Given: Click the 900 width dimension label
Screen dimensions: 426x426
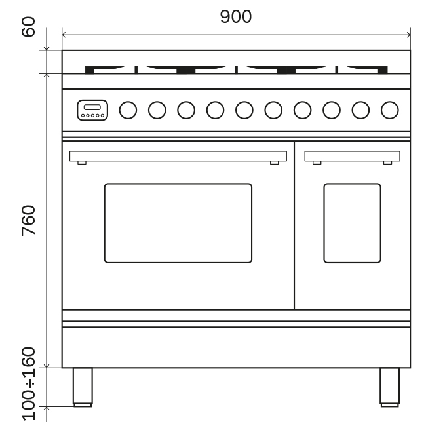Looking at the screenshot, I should pos(235,17).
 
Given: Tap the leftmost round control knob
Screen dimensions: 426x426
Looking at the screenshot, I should pos(128,110).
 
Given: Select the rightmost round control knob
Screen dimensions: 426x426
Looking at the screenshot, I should pos(390,110).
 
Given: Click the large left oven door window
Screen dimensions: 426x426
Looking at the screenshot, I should pos(178,223).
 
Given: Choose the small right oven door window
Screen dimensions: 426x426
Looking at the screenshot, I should pos(352,223).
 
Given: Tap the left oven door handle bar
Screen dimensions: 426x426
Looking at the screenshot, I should pos(178,156).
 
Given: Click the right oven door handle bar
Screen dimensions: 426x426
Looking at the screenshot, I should pos(352,156).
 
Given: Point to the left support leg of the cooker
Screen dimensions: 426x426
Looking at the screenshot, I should pos(83,387).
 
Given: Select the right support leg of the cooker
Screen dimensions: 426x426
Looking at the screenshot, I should pos(389,387).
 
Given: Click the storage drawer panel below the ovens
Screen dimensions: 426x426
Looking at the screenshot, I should pos(236,347).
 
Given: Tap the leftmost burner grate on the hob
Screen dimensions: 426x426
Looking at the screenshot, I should pos(108,68).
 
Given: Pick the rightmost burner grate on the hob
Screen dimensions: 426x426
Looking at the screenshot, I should pos(367,68).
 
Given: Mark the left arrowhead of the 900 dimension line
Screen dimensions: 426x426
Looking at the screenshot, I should pos(64,33).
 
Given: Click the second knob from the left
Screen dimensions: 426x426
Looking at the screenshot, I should pos(157,110).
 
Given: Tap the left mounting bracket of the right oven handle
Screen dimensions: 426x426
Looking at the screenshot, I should pos(317,163).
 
